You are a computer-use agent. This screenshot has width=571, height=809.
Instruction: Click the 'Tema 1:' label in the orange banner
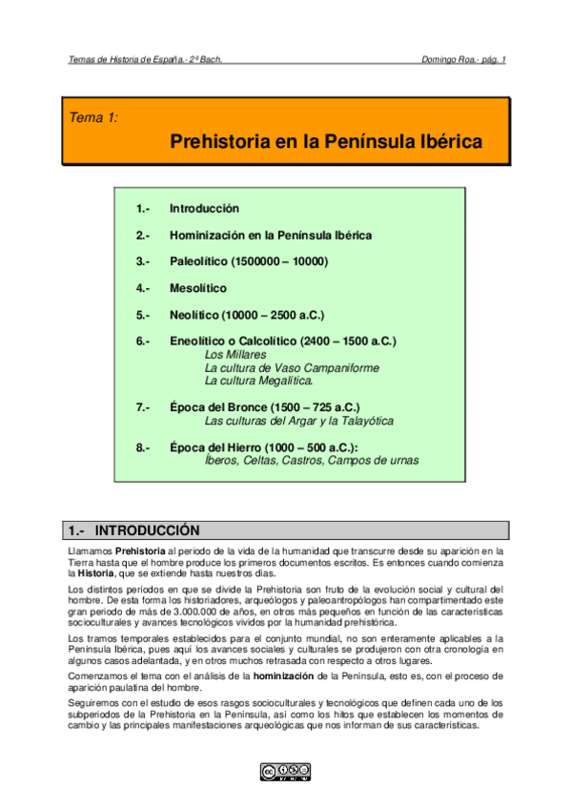[x=94, y=118]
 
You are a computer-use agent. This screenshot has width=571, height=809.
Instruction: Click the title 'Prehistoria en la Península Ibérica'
[x=325, y=143]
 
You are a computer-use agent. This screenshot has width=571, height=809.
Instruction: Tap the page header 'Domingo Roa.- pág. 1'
[x=463, y=59]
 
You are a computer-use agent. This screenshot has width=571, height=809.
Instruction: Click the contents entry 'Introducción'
[x=204, y=208]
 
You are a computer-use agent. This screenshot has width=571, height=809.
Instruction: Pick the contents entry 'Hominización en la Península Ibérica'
[x=271, y=235]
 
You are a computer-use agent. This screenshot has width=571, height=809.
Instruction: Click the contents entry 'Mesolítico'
[x=198, y=287]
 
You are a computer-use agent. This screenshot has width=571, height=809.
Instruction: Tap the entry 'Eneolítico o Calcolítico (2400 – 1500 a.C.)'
[x=282, y=341]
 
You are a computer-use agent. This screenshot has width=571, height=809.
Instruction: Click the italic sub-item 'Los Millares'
[x=235, y=354]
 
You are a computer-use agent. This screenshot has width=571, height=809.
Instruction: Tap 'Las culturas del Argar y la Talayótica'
[x=298, y=421]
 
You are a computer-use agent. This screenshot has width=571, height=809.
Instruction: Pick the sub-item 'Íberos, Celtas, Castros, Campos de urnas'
[x=312, y=461]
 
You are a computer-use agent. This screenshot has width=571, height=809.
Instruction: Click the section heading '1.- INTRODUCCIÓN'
[x=133, y=530]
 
